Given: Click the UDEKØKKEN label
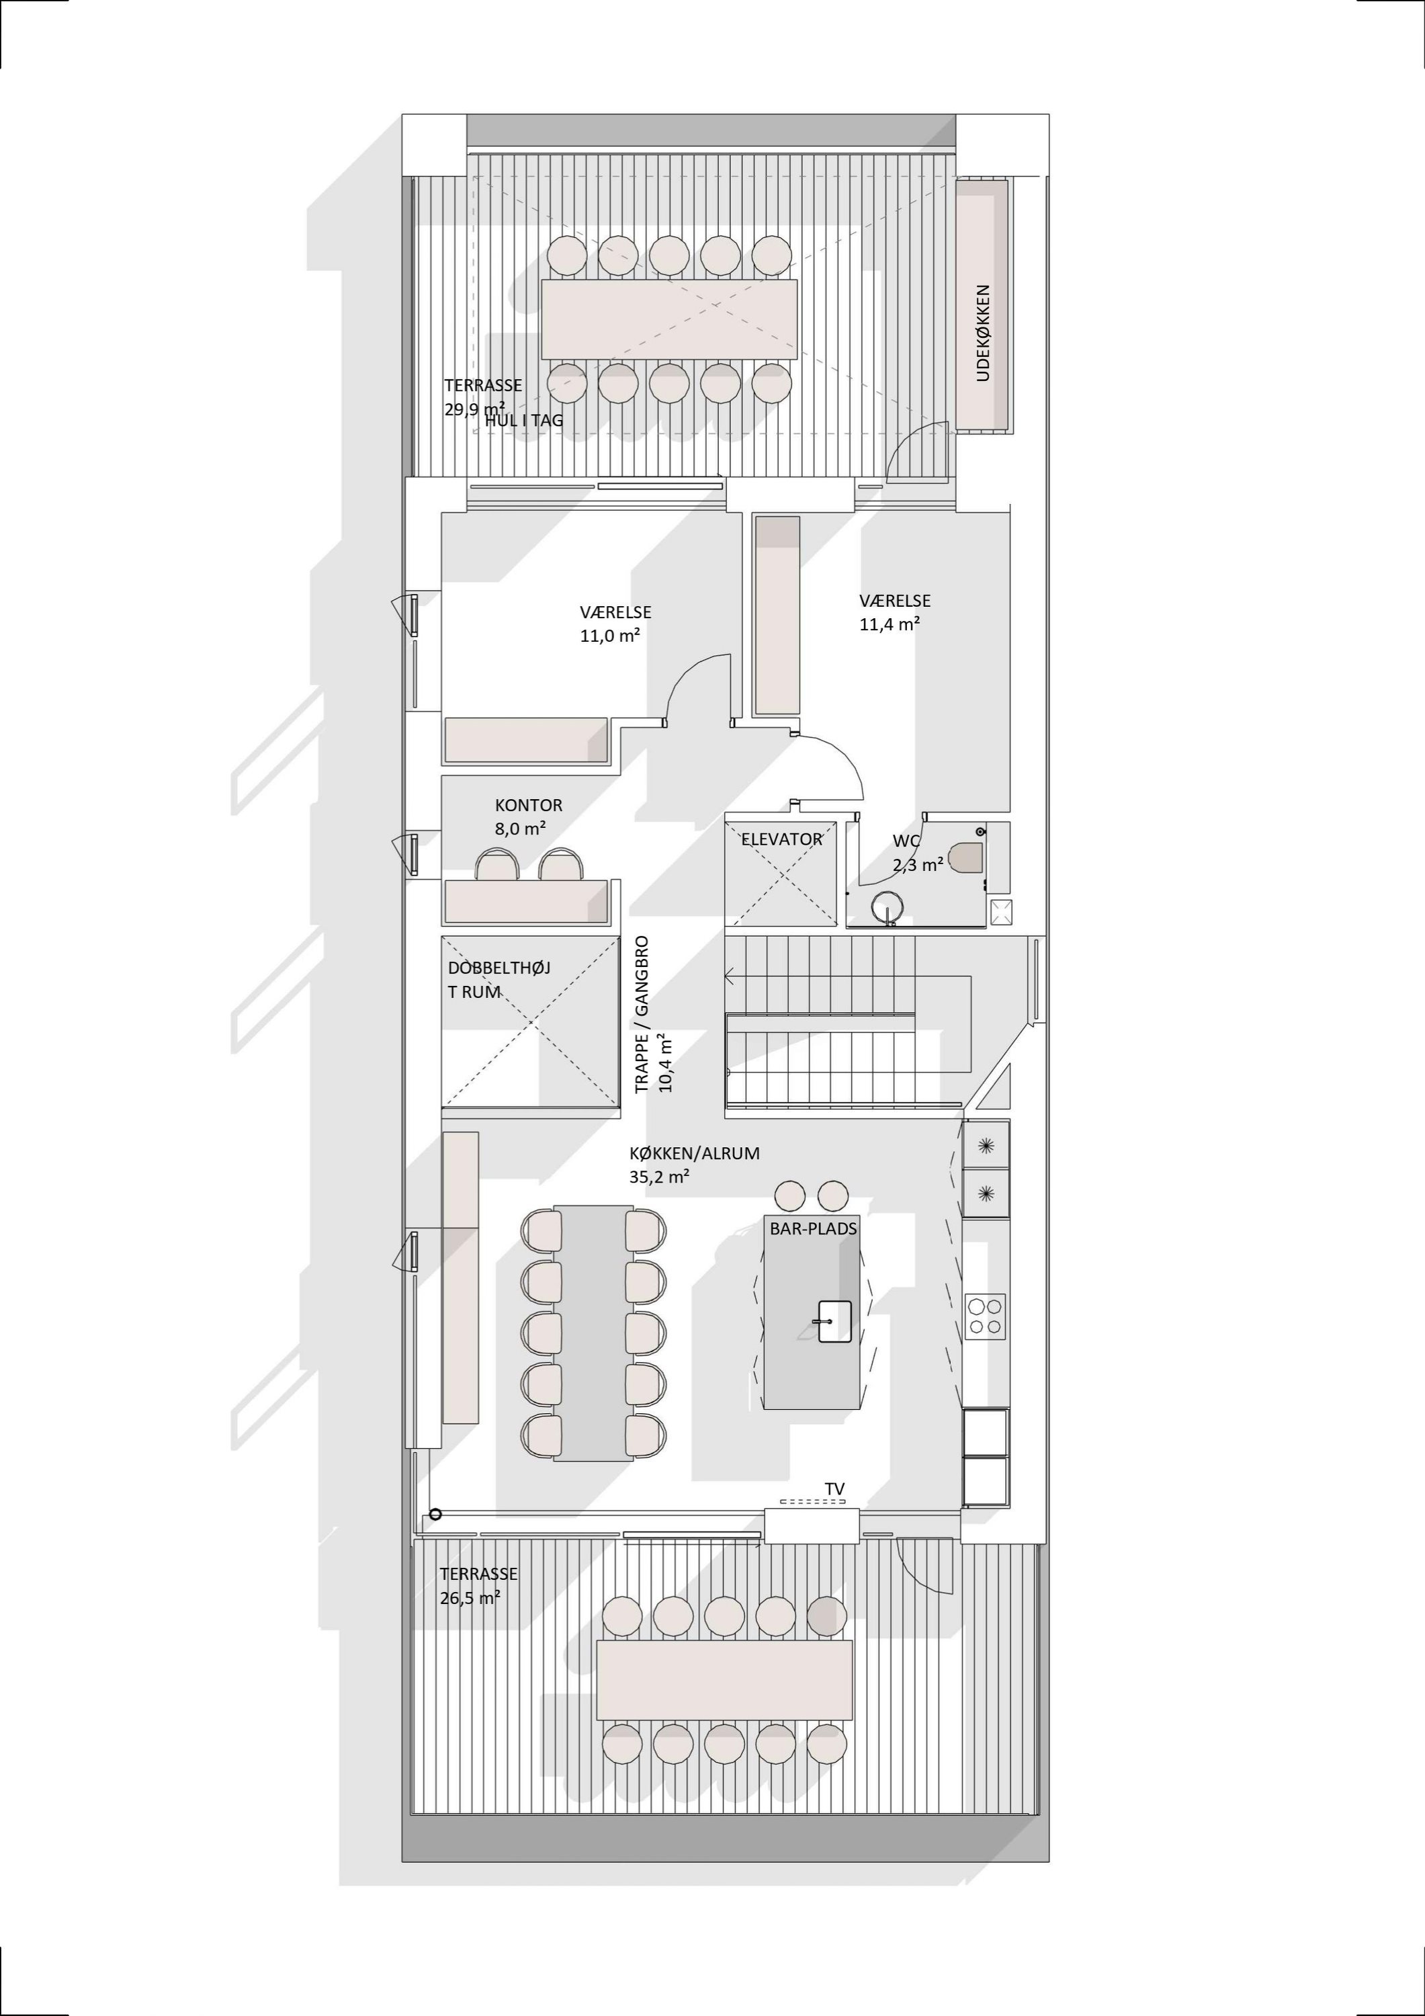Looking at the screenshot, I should [984, 333].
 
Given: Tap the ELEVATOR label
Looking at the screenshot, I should [781, 839].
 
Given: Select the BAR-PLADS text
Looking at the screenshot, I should [813, 1229].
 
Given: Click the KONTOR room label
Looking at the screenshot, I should [529, 805].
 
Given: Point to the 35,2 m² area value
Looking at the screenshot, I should [659, 1177].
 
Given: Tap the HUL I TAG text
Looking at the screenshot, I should [524, 421].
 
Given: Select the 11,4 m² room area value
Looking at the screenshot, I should [890, 624].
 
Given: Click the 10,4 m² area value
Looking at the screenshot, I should [666, 1063].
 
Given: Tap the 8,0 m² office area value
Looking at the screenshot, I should [521, 828].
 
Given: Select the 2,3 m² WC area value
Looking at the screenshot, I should [918, 864].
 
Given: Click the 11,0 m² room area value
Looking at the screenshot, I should [610, 636].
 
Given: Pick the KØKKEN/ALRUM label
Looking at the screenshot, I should [695, 1154].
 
